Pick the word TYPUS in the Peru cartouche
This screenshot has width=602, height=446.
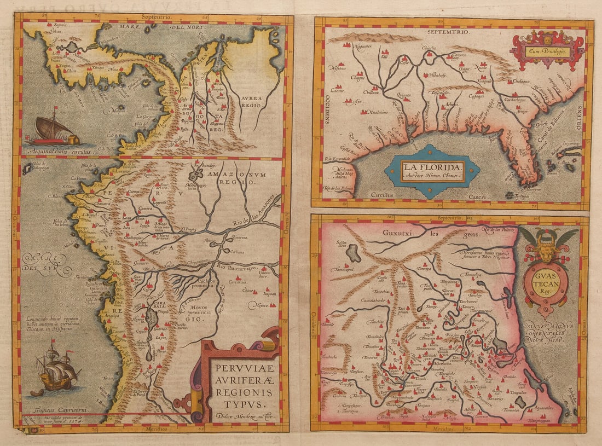click(x=238, y=404)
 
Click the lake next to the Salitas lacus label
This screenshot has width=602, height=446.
click(x=355, y=252)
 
